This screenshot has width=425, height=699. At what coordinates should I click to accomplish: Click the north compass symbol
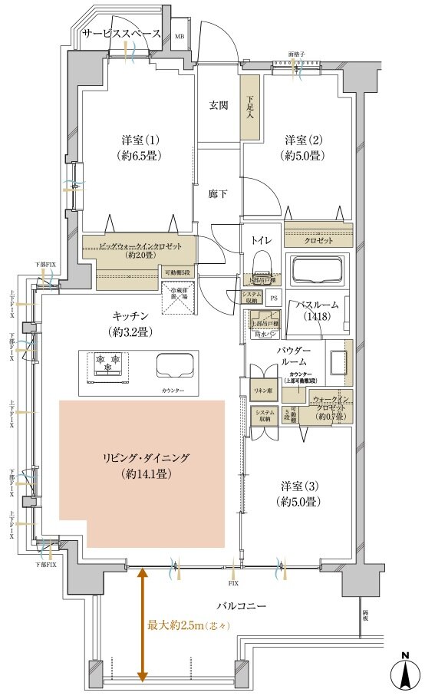[x=404, y=675]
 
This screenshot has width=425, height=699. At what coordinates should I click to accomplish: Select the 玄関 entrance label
[x=219, y=105]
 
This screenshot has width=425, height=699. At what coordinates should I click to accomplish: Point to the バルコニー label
[x=240, y=606]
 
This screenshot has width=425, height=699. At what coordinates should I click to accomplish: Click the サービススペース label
[x=121, y=34]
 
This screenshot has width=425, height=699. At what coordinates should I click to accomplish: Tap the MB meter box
[x=180, y=36]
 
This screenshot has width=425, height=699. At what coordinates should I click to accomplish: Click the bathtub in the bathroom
[x=317, y=269]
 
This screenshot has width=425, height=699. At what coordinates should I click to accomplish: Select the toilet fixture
[x=262, y=265]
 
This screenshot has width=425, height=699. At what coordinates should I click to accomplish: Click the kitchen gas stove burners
[x=106, y=364]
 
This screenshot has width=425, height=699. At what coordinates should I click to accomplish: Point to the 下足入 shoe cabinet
[x=250, y=107]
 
